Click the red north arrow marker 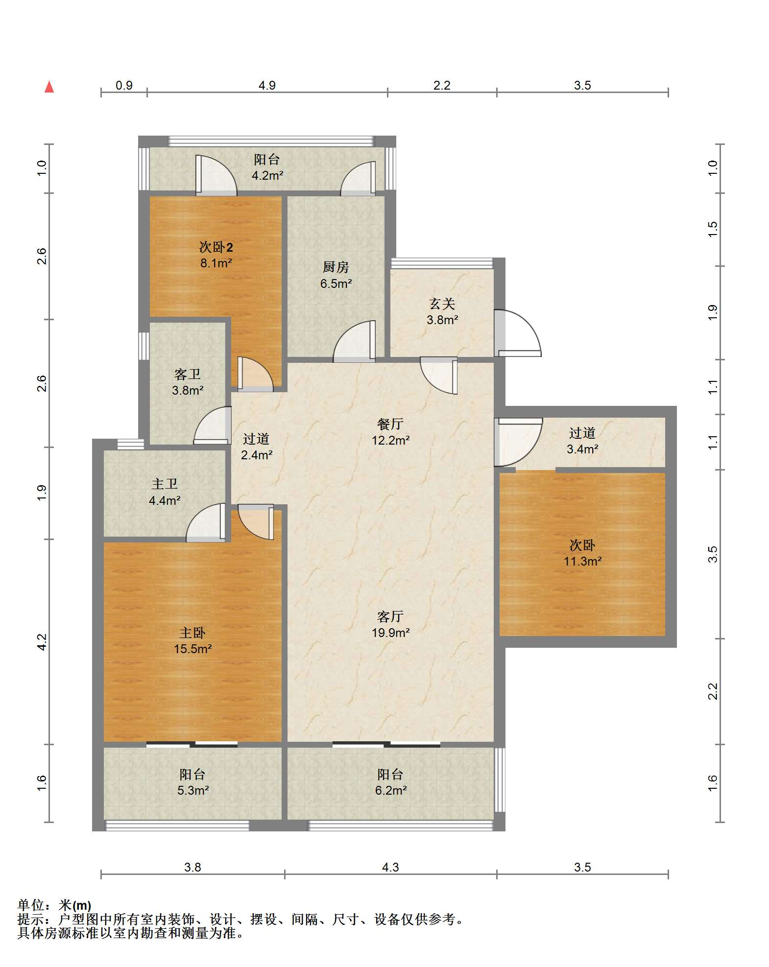[x=49, y=87]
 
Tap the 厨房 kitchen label [x=336, y=267]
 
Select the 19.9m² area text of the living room [x=390, y=633]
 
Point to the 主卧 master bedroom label [x=192, y=633]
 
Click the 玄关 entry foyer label [x=442, y=304]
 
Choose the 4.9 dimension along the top [x=267, y=85]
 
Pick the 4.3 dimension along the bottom [x=390, y=867]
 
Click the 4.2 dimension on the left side [x=42, y=642]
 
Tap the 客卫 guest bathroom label [x=188, y=374]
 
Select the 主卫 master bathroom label [x=165, y=484]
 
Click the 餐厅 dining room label [x=390, y=424]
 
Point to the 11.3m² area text [x=582, y=561]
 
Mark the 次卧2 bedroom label [x=216, y=247]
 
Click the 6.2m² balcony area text [x=391, y=790]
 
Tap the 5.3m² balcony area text [x=193, y=790]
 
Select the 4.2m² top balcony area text [x=267, y=175]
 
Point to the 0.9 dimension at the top [x=124, y=85]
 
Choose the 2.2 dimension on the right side [x=713, y=691]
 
